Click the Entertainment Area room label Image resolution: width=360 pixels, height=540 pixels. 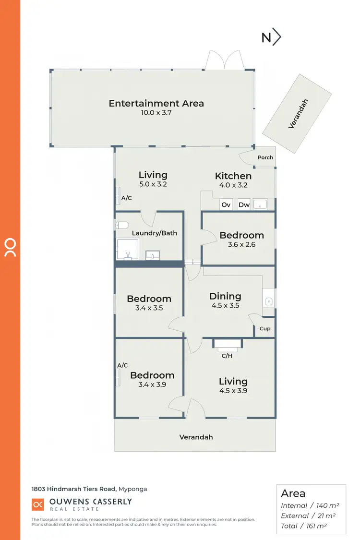click(x=156, y=103)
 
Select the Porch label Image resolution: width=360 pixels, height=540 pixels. click(x=265, y=157)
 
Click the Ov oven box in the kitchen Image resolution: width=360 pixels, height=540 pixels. click(x=226, y=204)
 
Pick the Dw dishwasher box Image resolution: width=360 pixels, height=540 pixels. click(x=244, y=204)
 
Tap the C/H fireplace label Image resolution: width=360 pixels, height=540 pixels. click(x=227, y=356)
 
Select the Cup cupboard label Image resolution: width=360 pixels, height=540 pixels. click(x=264, y=329)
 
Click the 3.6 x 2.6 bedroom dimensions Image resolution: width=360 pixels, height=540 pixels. click(x=241, y=245)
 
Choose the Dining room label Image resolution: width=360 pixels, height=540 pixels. click(x=225, y=296)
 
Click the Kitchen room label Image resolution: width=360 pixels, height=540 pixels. click(x=233, y=176)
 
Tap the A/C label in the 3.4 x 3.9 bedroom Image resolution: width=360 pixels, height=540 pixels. click(x=122, y=365)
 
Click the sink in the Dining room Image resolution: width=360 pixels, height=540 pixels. click(x=269, y=301)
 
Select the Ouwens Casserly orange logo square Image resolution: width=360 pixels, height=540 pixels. click(x=37, y=504)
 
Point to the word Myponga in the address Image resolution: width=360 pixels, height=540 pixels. click(x=132, y=489)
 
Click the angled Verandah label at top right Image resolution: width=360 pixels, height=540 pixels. click(x=298, y=114)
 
